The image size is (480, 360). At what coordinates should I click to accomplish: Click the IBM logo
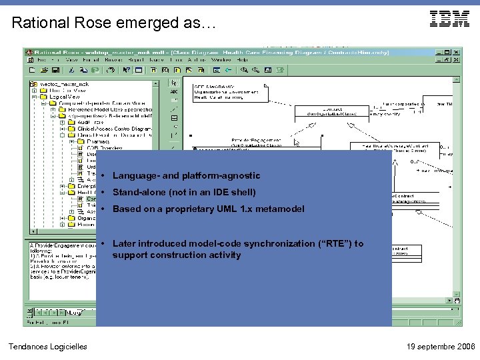(449, 19)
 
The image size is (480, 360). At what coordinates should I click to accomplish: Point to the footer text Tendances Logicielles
(47, 346)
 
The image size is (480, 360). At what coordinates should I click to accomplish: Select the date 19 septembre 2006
(440, 346)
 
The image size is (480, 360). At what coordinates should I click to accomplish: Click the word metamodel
(281, 209)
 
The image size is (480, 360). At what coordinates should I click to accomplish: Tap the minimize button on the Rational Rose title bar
(438, 51)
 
